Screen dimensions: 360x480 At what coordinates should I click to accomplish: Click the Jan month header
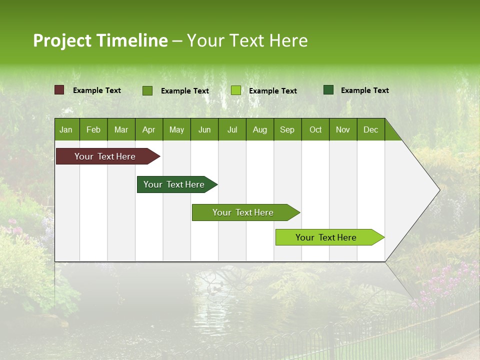coord(66,129)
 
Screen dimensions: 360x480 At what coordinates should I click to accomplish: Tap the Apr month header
coord(148,129)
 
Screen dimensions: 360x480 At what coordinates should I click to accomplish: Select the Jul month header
coord(232,129)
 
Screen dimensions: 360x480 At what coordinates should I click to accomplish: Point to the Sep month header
coord(287,129)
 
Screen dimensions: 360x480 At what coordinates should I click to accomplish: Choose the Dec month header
coord(370,129)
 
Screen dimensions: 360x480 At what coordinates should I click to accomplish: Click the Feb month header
coord(93,129)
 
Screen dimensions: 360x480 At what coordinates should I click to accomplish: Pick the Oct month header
coord(315,129)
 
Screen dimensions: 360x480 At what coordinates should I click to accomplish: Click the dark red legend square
coord(59,90)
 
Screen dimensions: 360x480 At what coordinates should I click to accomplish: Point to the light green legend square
coord(236,90)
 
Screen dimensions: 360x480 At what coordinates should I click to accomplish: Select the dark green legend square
coord(328,90)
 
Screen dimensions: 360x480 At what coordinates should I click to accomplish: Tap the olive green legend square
coord(147,90)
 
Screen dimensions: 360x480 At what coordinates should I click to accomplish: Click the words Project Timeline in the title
coord(100,40)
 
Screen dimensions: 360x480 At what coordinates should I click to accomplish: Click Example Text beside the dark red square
coord(97,90)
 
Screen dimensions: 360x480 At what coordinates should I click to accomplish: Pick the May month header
coord(176,129)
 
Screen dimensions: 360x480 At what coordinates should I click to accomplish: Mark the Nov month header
coord(343,129)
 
